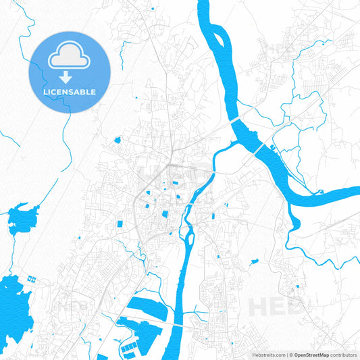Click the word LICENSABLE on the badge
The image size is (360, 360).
70,91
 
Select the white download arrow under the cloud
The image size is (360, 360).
70,76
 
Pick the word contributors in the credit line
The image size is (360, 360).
344,354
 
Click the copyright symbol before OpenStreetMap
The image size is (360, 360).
290,354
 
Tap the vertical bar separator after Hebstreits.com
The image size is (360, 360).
286,354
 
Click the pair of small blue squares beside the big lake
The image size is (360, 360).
30,278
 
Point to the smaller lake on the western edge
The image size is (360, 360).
22,218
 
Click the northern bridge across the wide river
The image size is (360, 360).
237,119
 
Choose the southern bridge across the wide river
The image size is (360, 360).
259,147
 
